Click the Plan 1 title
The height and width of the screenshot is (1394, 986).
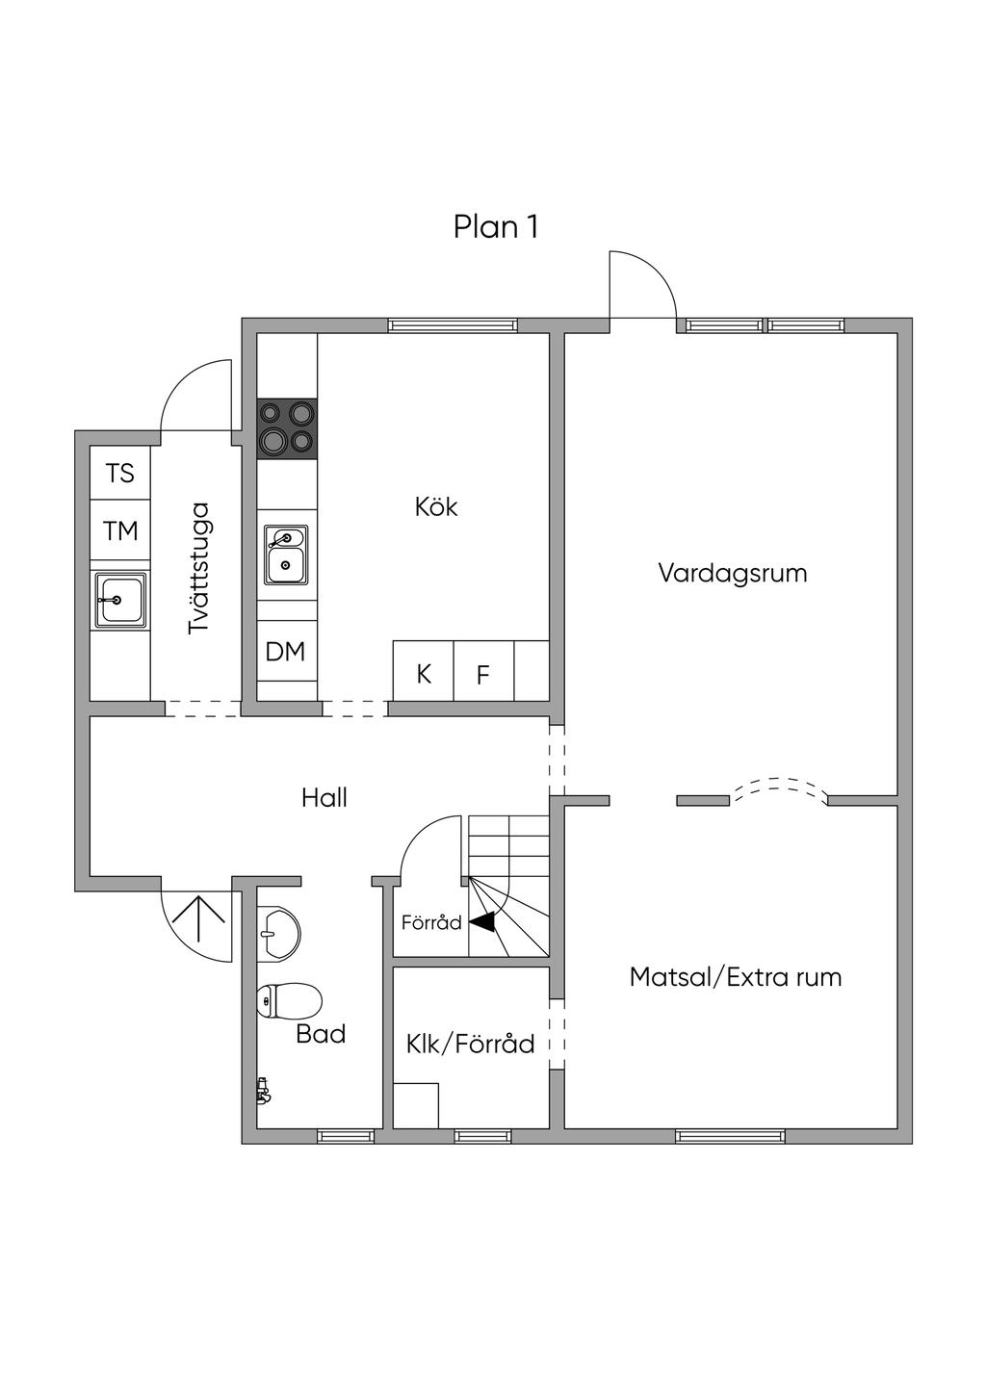click(x=496, y=227)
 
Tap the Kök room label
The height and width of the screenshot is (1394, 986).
click(x=436, y=507)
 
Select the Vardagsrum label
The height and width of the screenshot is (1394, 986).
click(x=733, y=574)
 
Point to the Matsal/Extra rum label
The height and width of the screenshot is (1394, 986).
click(x=735, y=977)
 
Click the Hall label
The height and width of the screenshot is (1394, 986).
click(x=324, y=798)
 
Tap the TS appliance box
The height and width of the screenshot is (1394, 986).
click(x=120, y=473)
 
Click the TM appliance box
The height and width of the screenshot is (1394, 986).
click(x=120, y=530)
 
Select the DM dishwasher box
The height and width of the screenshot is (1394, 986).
click(x=287, y=652)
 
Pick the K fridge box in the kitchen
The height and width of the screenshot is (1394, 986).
click(x=424, y=671)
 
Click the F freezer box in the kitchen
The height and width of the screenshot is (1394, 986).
click(x=483, y=671)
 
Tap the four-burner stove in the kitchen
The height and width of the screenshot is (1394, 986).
click(x=287, y=428)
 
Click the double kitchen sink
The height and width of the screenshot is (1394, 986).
click(x=286, y=555)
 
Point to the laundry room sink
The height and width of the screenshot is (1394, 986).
click(x=120, y=600)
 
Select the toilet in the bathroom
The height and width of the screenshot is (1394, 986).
click(x=289, y=1000)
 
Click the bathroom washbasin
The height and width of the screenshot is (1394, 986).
click(x=279, y=934)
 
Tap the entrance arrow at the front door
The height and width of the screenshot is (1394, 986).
click(x=198, y=917)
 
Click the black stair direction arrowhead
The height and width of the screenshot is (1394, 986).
click(x=482, y=921)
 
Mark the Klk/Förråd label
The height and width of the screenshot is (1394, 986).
click(x=471, y=1045)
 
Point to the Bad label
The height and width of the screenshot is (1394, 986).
click(x=321, y=1034)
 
